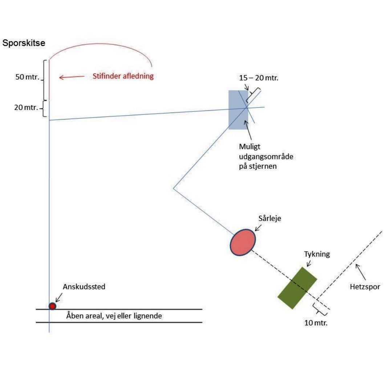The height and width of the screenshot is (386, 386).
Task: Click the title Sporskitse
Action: pyautogui.click(x=24, y=43)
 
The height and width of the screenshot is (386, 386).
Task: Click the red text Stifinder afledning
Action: pyautogui.click(x=123, y=77)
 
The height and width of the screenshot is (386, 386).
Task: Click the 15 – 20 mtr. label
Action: pyautogui.click(x=259, y=78)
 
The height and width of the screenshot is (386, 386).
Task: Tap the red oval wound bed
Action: pyautogui.click(x=243, y=242)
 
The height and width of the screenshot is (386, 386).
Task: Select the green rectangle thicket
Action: pyautogui.click(x=297, y=288)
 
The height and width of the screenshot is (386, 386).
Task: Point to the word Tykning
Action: pyautogui.click(x=317, y=254)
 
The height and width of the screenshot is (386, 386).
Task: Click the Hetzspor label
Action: pyautogui.click(x=365, y=287)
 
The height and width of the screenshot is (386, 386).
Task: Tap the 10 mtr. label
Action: pyautogui.click(x=316, y=323)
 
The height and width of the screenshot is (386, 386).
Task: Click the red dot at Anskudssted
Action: pyautogui.click(x=53, y=306)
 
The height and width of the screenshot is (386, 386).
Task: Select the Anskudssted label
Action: pyautogui.click(x=84, y=287)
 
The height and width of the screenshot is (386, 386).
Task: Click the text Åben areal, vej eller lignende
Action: pyautogui.click(x=114, y=316)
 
